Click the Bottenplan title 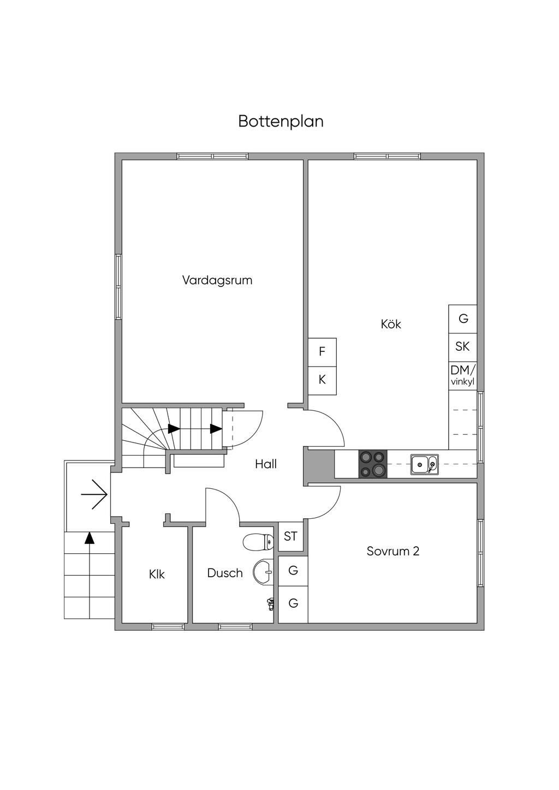point(281,121)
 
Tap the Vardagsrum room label point(217,280)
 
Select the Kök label point(391,324)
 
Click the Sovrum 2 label point(393,551)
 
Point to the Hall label point(266,464)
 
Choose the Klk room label point(157,574)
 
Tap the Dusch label point(225,573)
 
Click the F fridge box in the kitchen point(322,352)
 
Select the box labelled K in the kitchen point(322,380)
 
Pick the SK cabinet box point(462,346)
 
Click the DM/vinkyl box point(462,375)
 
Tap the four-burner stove point(372,464)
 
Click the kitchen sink point(424,465)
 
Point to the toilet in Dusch point(257,542)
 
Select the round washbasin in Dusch point(264,572)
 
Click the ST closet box point(290,536)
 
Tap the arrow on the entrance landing point(94,494)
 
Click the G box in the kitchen point(463,319)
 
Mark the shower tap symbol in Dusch point(270,603)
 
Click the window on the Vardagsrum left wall point(118,286)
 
